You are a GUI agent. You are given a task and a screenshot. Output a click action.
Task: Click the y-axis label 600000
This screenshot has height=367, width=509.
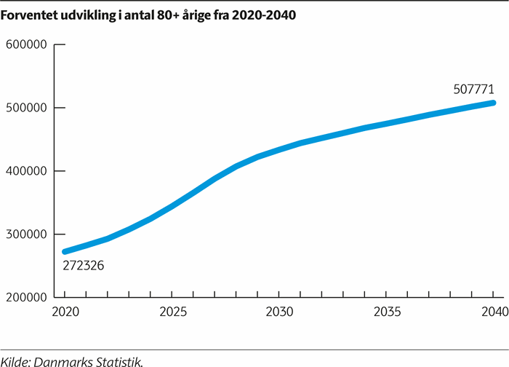(x=27, y=45)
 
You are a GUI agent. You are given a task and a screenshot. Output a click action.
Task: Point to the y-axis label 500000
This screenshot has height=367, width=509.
(x=27, y=108)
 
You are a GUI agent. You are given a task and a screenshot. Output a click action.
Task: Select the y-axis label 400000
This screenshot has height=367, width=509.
(x=27, y=171)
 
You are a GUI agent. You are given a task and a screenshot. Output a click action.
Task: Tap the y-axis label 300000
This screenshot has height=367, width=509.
(x=27, y=234)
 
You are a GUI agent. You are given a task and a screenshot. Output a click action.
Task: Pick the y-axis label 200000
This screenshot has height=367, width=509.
(x=27, y=297)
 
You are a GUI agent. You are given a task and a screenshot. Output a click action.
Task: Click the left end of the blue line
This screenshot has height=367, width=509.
(x=65, y=252)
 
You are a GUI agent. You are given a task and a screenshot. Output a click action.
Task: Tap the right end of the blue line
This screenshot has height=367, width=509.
(x=493, y=103)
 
